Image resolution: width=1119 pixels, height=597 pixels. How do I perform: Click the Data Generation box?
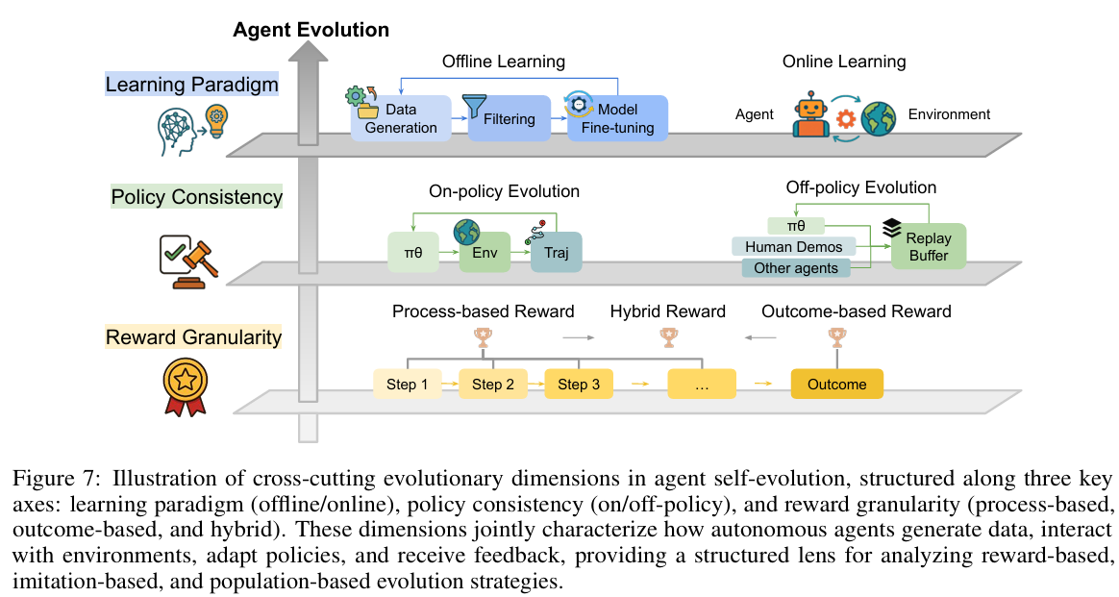coord(401,118)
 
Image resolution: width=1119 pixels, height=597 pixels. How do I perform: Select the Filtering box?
coord(510,119)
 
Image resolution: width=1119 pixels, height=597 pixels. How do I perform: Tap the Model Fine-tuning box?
coord(616,119)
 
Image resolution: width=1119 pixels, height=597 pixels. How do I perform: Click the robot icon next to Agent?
coord(811,115)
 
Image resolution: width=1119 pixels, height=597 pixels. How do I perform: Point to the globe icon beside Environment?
coord(878,115)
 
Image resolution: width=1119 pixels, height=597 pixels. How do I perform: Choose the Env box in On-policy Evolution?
coord(485,254)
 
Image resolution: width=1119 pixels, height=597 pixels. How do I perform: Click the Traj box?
coord(557,254)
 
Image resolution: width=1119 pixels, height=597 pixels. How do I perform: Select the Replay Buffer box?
coord(928,246)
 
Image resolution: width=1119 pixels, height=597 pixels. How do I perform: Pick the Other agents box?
coord(796,268)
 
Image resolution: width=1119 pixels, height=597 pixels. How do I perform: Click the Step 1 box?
coord(407,385)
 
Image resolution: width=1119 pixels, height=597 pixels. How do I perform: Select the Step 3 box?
coord(580,385)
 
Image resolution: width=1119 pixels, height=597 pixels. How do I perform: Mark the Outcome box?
coord(836,385)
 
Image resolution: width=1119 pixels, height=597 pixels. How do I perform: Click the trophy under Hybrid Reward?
coord(668,336)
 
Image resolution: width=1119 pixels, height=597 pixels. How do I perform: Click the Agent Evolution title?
coord(311,30)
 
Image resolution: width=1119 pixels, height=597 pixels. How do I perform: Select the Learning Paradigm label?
coord(191,85)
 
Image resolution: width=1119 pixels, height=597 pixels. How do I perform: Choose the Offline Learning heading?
coord(503,62)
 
